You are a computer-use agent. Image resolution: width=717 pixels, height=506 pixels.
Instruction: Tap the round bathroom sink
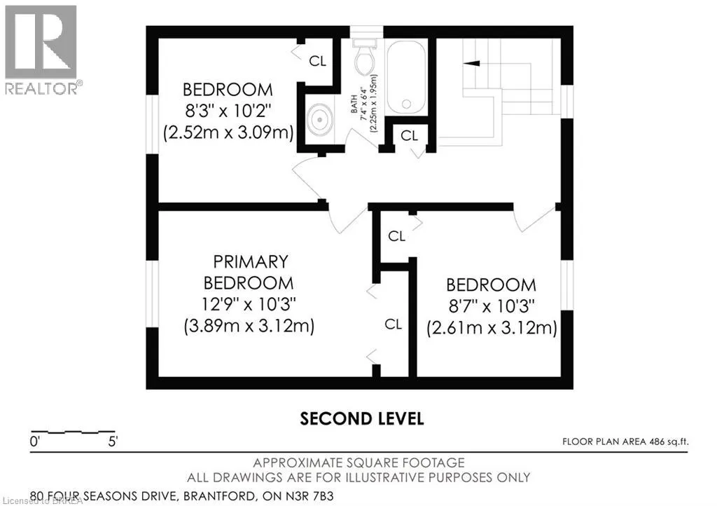pos(319,120)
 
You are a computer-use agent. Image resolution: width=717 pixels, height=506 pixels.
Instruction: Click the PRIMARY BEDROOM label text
pos(249,272)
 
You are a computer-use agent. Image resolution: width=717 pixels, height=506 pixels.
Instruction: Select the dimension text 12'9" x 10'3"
pos(249,303)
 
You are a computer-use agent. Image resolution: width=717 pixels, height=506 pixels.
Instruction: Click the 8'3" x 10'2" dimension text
pos(228,111)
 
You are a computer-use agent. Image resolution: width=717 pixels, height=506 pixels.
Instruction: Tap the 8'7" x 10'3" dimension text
pos(491,306)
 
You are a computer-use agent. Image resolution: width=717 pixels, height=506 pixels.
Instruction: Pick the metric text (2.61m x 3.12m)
pos(492,328)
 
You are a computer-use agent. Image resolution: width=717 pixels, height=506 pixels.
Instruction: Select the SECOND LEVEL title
pos(362,418)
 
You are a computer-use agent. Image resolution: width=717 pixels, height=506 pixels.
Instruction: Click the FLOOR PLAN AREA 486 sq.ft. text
pos(625,442)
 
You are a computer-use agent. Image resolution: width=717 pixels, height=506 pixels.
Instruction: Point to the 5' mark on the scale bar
pos(113,442)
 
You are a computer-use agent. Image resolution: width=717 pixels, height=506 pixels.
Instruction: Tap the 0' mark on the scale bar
pos(35,442)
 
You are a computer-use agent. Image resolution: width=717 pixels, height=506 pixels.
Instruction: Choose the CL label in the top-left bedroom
pos(317,61)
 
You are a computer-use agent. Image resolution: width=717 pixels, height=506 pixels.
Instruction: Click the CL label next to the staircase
pos(409,135)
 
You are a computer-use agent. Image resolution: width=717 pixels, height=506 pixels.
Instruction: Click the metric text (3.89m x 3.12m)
pos(249,326)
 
